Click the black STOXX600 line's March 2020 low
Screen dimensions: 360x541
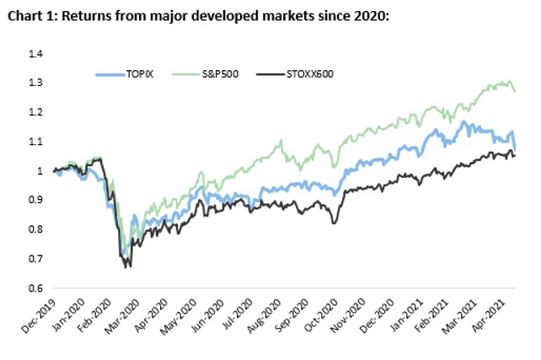(x=127, y=266)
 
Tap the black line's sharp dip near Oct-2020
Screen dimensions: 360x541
(x=335, y=223)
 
